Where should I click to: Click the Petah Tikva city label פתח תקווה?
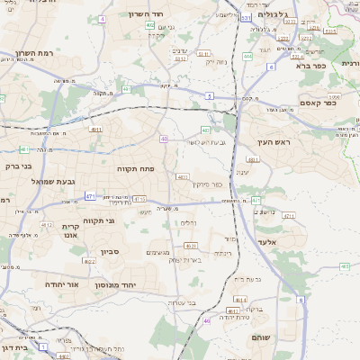coord(136,168)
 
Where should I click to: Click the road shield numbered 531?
coord(247,17)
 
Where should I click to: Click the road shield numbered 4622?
coord(89,261)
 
